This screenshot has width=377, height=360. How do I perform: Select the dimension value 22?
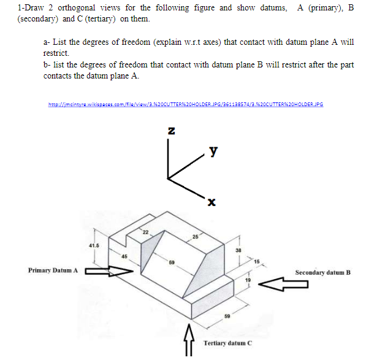(x=145, y=231)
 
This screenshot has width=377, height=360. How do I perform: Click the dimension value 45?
(x=123, y=256)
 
